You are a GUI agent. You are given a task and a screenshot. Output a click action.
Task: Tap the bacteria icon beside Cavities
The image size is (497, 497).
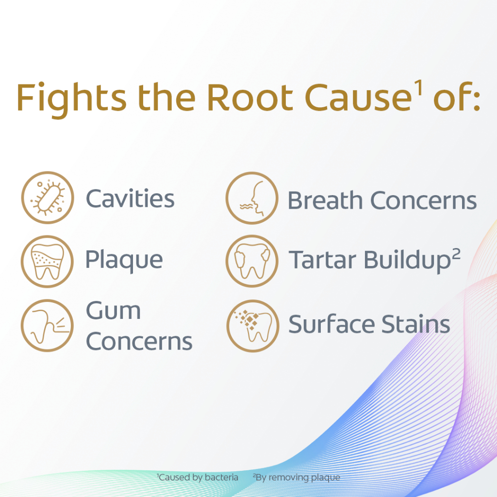click(48, 198)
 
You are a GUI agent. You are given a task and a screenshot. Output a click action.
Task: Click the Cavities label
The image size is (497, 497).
click(130, 199)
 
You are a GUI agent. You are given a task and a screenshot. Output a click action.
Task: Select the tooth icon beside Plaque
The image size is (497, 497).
click(47, 262)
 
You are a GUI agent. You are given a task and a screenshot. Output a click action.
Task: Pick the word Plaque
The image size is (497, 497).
click(124, 261)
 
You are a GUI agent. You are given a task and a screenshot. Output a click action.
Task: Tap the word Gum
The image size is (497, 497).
click(113, 310)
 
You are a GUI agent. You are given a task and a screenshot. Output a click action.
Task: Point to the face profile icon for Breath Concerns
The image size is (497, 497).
click(252, 198)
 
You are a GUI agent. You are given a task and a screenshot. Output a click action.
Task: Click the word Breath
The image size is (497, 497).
click(325, 200)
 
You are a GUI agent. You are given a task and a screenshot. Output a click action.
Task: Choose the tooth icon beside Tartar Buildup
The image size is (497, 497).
click(252, 261)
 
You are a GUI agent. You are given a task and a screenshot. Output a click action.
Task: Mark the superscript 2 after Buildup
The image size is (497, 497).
click(456, 254)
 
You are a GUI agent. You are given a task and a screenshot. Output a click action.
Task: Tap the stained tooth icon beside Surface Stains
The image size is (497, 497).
click(252, 326)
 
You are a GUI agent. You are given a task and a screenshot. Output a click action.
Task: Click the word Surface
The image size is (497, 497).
click(331, 324)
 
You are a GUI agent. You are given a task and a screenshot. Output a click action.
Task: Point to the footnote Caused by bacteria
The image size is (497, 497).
click(198, 478)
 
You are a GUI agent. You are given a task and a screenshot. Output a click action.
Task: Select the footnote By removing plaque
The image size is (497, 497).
click(297, 478)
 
